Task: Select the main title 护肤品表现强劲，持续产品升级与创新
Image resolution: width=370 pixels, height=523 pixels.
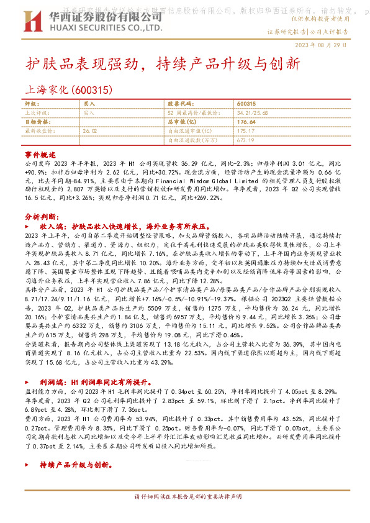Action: coord(163,65)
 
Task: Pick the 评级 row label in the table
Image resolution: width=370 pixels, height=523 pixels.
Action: coord(30,103)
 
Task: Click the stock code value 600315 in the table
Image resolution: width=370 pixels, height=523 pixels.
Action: coord(246,103)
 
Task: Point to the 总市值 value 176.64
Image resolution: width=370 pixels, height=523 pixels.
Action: coord(246,122)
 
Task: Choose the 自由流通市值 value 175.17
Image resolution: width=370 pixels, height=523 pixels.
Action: coord(246,132)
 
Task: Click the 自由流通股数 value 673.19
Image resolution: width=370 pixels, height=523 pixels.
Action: coord(246,141)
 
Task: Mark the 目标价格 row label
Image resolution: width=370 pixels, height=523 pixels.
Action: coord(36,122)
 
